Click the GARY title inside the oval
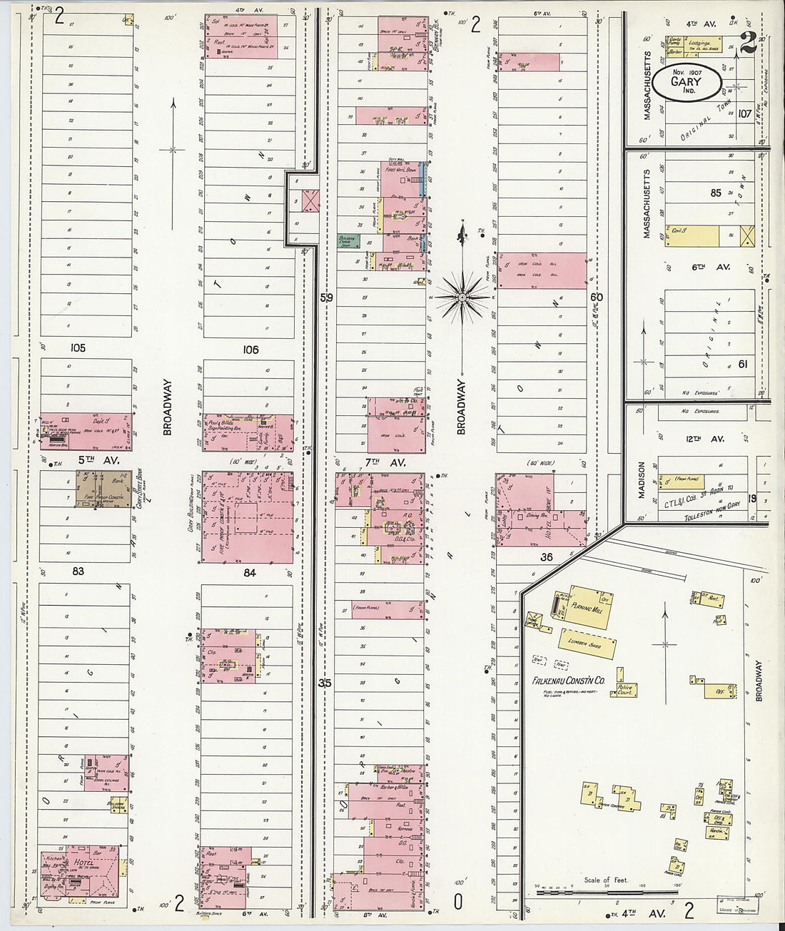(685, 81)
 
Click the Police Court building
(625, 690)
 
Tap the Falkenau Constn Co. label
(568, 681)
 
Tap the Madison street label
(641, 480)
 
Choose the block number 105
(78, 348)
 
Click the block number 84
(249, 572)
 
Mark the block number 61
(743, 364)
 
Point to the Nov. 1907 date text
(686, 71)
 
